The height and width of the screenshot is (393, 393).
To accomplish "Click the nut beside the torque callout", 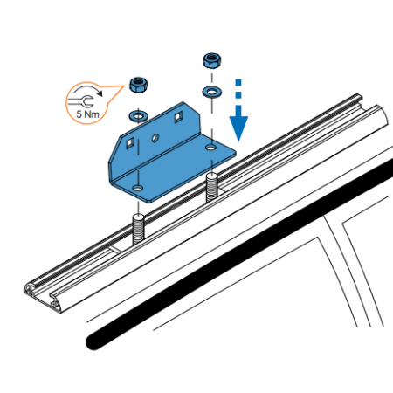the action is pos(139,85).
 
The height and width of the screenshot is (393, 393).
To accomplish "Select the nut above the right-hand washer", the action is pos(212,60).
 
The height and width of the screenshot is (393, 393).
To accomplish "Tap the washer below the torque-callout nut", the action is pos(138,116).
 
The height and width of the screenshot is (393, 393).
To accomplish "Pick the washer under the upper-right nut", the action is pos(211,92).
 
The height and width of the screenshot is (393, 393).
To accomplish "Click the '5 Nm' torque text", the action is pos(87,114).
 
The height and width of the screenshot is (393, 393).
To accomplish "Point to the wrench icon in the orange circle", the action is pos(81,101).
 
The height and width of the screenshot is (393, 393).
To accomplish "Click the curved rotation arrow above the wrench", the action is pos(88,90).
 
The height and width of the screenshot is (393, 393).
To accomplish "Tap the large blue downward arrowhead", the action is pos(238,124).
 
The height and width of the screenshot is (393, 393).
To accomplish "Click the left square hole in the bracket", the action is pos(130,143).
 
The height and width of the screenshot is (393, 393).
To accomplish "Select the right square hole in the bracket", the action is pos(178,117).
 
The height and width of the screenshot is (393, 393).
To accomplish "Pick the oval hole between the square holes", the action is pos(155,138).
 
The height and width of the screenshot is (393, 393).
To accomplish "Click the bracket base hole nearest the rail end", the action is pos(138,188).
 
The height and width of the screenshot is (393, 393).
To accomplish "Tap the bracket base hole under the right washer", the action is pos(210,148).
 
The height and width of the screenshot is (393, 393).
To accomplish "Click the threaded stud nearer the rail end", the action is pos(138,230).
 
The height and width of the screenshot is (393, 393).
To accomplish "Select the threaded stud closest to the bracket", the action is pos(212,188).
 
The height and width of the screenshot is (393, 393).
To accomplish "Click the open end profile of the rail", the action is pos(42,296).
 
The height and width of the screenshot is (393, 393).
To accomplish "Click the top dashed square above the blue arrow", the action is pos(238,82).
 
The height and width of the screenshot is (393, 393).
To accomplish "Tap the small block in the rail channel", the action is pos(116,249).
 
